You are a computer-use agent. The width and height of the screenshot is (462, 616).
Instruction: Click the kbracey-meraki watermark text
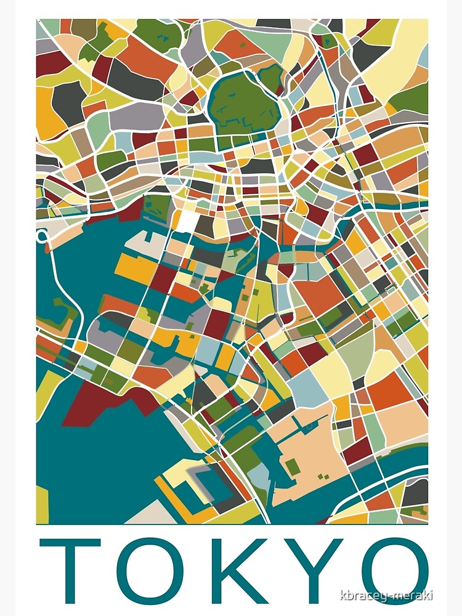[x=395, y=595]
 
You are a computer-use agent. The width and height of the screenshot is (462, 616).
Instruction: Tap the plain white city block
[x=188, y=221]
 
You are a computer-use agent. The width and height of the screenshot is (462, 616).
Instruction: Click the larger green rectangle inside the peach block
[x=294, y=468]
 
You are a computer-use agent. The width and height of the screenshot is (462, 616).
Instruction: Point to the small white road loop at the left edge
[x=42, y=236]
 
